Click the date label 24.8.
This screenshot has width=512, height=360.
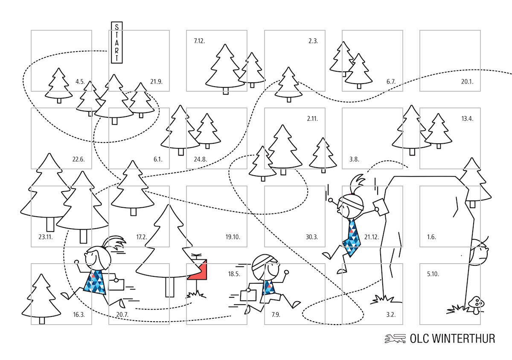pos(200,160)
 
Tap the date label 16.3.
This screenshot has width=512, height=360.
pos(79,315)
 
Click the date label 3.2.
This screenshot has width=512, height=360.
pos(391,315)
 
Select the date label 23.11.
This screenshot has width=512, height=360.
pos(45,237)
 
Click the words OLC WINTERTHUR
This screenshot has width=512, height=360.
pos(452,339)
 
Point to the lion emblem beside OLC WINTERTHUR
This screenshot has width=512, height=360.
pos(395,339)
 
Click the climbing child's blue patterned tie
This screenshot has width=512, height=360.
pos(353,238)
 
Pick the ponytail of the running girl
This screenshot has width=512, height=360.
pos(116,244)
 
